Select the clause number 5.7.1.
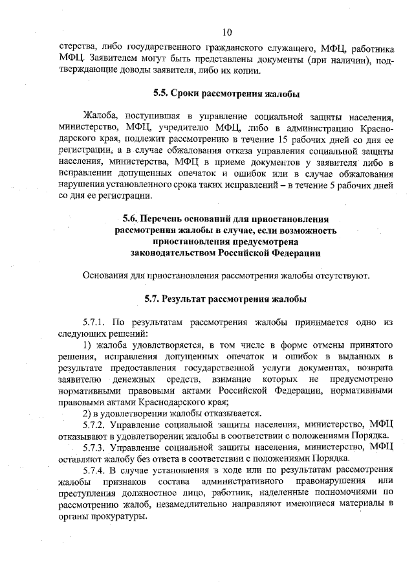coord(94,322)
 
